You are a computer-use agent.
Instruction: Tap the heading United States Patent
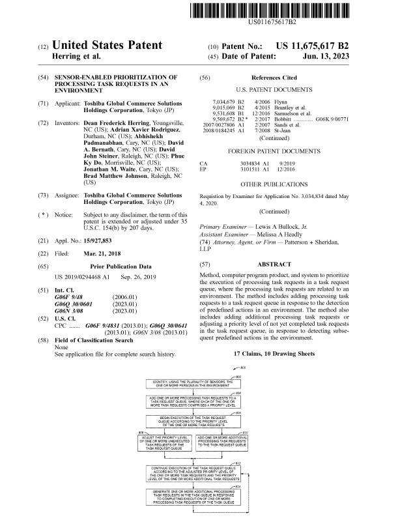106,46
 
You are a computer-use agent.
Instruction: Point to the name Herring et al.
76,57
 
